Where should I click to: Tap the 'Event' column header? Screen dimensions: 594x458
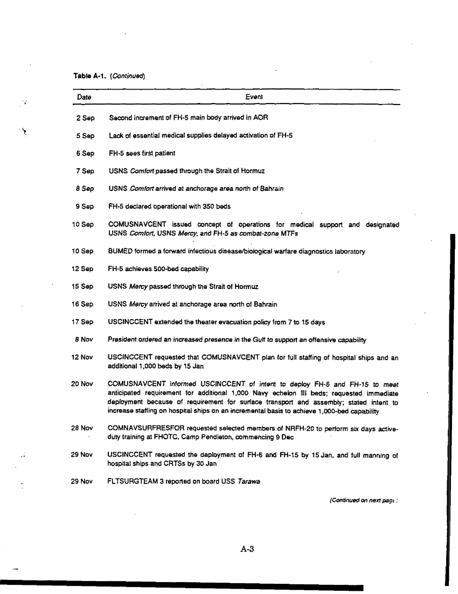tap(254, 97)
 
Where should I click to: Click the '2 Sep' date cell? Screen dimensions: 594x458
tap(85, 118)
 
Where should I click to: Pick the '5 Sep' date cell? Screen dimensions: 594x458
tap(85, 136)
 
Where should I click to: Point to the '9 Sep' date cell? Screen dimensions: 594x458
tap(85, 206)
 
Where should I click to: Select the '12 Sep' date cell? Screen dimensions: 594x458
tap(83, 268)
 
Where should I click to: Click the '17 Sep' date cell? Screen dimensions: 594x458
tap(83, 322)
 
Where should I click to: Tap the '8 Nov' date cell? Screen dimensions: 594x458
tap(85, 340)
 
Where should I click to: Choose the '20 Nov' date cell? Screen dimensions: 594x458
tap(82, 384)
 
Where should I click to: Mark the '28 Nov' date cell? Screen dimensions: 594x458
tap(82, 429)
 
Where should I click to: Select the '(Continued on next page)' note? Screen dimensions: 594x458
tap(364, 500)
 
